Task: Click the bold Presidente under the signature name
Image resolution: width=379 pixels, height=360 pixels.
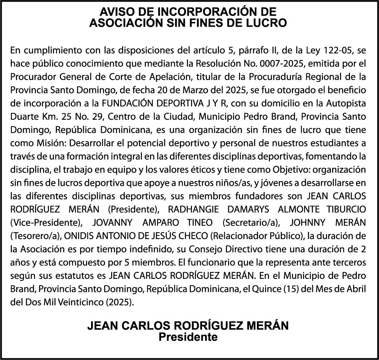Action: pos(188,337)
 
